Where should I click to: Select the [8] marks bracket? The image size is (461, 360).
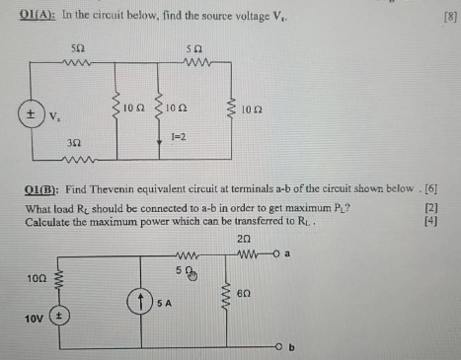pos(448,14)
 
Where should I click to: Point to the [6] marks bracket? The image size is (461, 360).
pos(446,188)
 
